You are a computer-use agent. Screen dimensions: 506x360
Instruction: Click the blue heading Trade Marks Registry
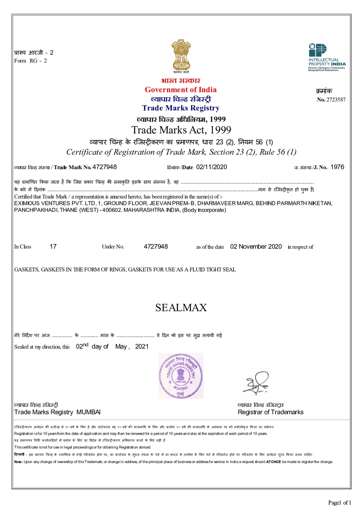[181, 108]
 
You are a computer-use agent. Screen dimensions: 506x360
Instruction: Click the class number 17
[53, 247]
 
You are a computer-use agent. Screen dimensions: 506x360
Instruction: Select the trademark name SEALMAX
[181, 308]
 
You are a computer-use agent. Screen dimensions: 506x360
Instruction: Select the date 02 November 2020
[256, 247]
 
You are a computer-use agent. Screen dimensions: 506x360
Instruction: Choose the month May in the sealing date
[120, 346]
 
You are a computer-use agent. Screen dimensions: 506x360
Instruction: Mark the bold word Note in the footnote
[18, 462]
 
